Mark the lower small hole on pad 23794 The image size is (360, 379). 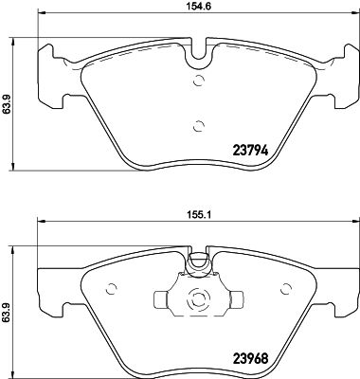198,124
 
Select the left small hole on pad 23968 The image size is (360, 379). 112,290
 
